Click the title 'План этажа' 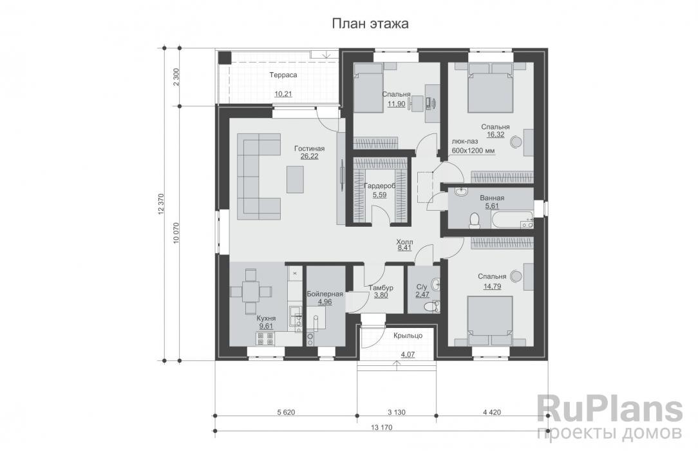[370, 24]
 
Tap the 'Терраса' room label [283, 75]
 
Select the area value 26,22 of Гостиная [309, 157]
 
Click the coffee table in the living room [295, 179]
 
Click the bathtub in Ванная [512, 220]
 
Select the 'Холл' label [404, 242]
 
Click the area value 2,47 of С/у [422, 294]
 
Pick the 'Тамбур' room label [381, 287]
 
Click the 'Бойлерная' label [325, 294]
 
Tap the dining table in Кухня [250, 292]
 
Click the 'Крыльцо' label [408, 336]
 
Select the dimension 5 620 [286, 412]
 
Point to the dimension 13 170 [381, 427]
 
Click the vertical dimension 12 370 [161, 204]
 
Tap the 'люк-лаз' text [465, 141]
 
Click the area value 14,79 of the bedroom [492, 286]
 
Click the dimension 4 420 [491, 412]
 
